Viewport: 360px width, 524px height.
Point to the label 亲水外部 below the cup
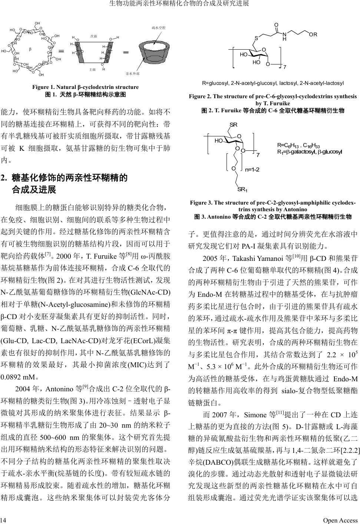coord(132,74)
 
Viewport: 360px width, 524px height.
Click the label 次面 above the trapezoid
coord(93,36)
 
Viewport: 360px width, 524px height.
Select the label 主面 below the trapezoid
coord(93,69)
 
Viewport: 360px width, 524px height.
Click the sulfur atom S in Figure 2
coord(256,38)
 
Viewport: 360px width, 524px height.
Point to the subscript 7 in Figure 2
coord(284,67)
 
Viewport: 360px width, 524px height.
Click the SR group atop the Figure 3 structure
coord(233,124)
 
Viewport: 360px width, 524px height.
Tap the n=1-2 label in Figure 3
coord(252,170)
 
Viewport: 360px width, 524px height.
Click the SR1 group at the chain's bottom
coord(242,190)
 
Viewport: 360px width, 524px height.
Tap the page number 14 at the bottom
coord(3,520)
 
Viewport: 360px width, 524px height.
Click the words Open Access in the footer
coord(340,520)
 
